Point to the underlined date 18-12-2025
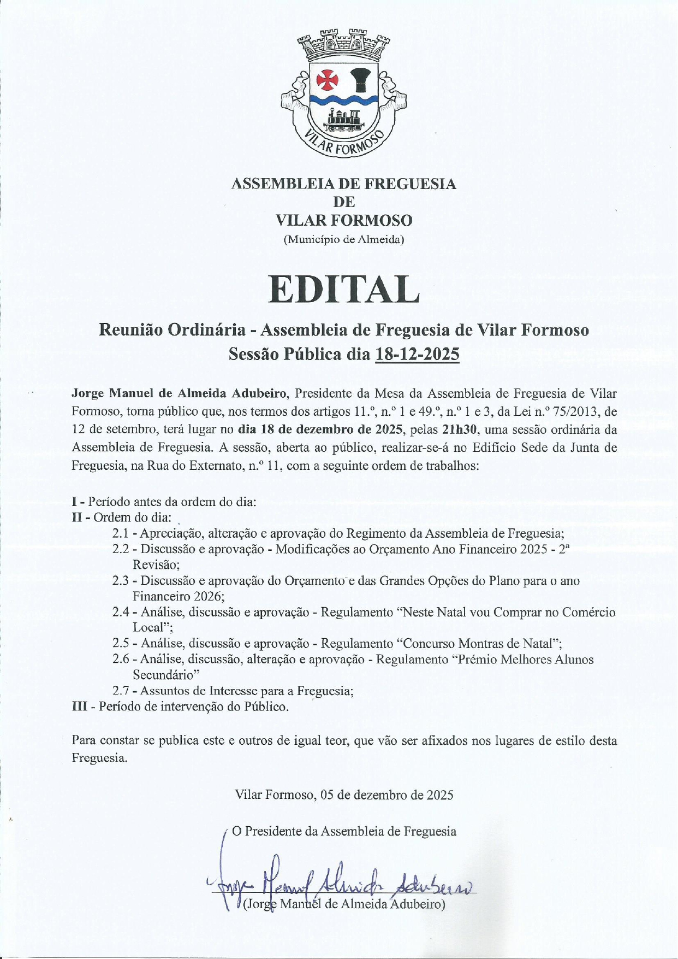click(x=417, y=354)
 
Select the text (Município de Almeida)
click(x=344, y=239)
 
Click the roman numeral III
click(x=80, y=707)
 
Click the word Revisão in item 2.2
click(x=156, y=565)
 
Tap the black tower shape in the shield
click(x=360, y=80)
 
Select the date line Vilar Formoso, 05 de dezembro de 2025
click(x=344, y=795)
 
